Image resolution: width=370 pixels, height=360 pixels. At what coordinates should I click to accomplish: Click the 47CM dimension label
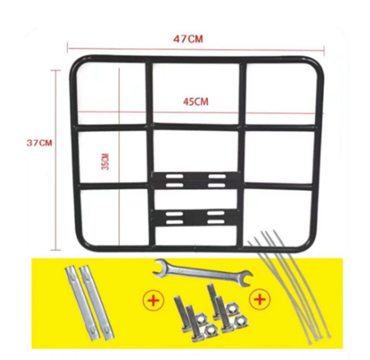[x=188, y=39]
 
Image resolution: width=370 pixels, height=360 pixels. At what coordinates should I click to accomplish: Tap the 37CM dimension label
[x=39, y=143]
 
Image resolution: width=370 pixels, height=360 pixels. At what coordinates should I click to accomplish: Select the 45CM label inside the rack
[x=196, y=102]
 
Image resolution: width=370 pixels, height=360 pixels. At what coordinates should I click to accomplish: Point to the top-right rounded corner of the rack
[x=317, y=64]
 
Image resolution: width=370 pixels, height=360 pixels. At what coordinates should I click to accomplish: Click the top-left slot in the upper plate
[x=175, y=176]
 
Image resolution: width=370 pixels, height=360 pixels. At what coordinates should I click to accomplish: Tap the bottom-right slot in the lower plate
[x=216, y=222]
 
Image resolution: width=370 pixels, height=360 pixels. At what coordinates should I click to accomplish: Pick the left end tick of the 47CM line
[x=68, y=48]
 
